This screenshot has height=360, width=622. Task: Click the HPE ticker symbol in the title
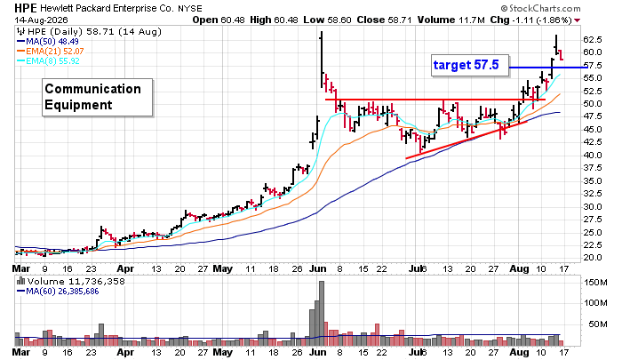[x=26, y=8]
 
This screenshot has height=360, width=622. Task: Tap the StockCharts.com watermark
[x=540, y=8]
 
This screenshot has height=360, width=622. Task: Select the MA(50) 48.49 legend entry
[x=48, y=41]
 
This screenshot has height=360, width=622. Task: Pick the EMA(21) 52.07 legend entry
[x=51, y=52]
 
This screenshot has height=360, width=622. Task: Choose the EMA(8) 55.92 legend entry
[x=48, y=61]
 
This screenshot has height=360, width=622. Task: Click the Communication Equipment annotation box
[x=98, y=97]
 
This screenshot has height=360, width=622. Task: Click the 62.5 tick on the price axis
[x=593, y=40]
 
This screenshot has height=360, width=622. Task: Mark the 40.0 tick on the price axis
[x=593, y=156]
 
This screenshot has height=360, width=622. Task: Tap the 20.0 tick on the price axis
[x=593, y=258]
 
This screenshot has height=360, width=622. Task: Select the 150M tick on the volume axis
[x=595, y=283]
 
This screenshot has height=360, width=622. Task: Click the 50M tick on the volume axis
[x=598, y=324]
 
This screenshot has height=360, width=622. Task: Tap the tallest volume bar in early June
[x=322, y=314]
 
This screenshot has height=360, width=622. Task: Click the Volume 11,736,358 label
[x=70, y=282]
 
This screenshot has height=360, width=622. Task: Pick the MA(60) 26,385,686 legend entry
[x=58, y=292]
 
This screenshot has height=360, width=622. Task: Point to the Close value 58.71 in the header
[x=384, y=20]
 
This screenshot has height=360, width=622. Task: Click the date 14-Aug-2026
[x=41, y=20]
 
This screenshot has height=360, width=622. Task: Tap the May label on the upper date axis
[x=222, y=268]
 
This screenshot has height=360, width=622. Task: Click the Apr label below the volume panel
[x=125, y=352]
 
